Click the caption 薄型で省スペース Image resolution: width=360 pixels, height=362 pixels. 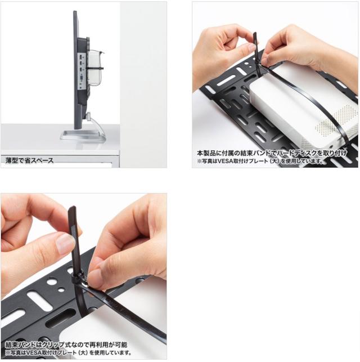[x=29, y=160]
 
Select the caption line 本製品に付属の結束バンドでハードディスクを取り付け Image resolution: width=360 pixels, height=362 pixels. [x=272, y=153]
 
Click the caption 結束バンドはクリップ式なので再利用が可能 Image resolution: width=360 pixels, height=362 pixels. [x=66, y=345]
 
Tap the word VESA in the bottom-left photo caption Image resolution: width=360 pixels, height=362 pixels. [x=33, y=353]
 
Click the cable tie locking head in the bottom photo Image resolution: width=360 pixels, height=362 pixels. [x=79, y=279]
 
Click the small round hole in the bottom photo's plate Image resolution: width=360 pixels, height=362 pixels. [x=61, y=289]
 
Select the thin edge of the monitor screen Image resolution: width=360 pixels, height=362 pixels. [x=75, y=69]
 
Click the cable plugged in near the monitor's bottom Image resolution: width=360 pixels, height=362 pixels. [x=96, y=124]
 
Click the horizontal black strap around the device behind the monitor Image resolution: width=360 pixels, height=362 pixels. [x=94, y=68]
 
